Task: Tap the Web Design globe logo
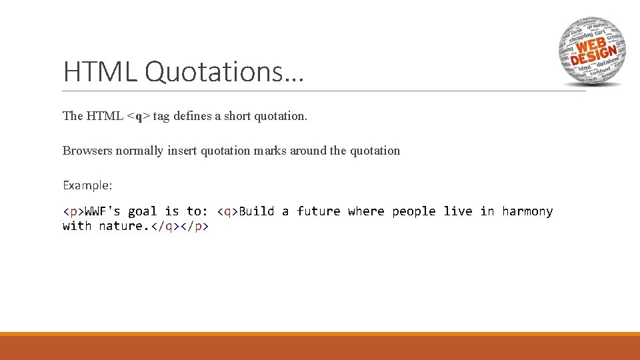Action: point(591,51)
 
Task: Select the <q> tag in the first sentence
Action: point(139,116)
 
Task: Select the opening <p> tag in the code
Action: point(73,211)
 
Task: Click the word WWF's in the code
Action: point(103,211)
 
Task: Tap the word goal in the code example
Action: point(143,211)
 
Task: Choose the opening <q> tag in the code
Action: point(228,211)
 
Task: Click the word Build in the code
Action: point(257,211)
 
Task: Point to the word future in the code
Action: point(319,211)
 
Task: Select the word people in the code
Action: point(414,211)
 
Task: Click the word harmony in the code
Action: point(527,211)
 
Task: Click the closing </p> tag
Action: point(195,226)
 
